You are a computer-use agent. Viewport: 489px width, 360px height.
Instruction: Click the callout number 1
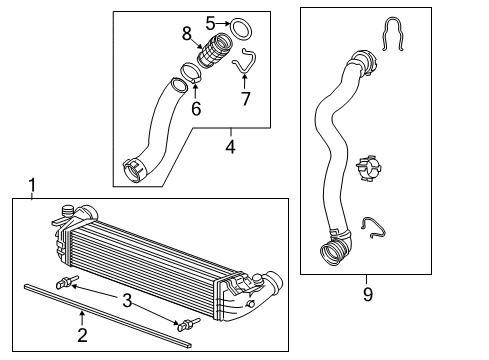tap(32, 185)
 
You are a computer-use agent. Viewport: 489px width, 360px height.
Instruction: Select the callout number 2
tap(82, 336)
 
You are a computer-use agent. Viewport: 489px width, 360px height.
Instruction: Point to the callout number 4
tap(230, 147)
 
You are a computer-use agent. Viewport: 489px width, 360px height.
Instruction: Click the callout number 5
tap(210, 22)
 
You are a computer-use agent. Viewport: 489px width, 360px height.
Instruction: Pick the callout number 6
tap(196, 108)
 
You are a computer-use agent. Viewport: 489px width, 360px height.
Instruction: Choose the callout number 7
tap(245, 99)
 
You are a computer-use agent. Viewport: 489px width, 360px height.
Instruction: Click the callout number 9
tap(366, 294)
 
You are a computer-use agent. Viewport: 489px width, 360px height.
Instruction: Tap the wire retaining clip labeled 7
tap(242, 65)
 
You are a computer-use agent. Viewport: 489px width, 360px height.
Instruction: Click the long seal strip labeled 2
tap(100, 304)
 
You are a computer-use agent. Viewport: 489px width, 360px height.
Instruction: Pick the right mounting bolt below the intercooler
tap(188, 324)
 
